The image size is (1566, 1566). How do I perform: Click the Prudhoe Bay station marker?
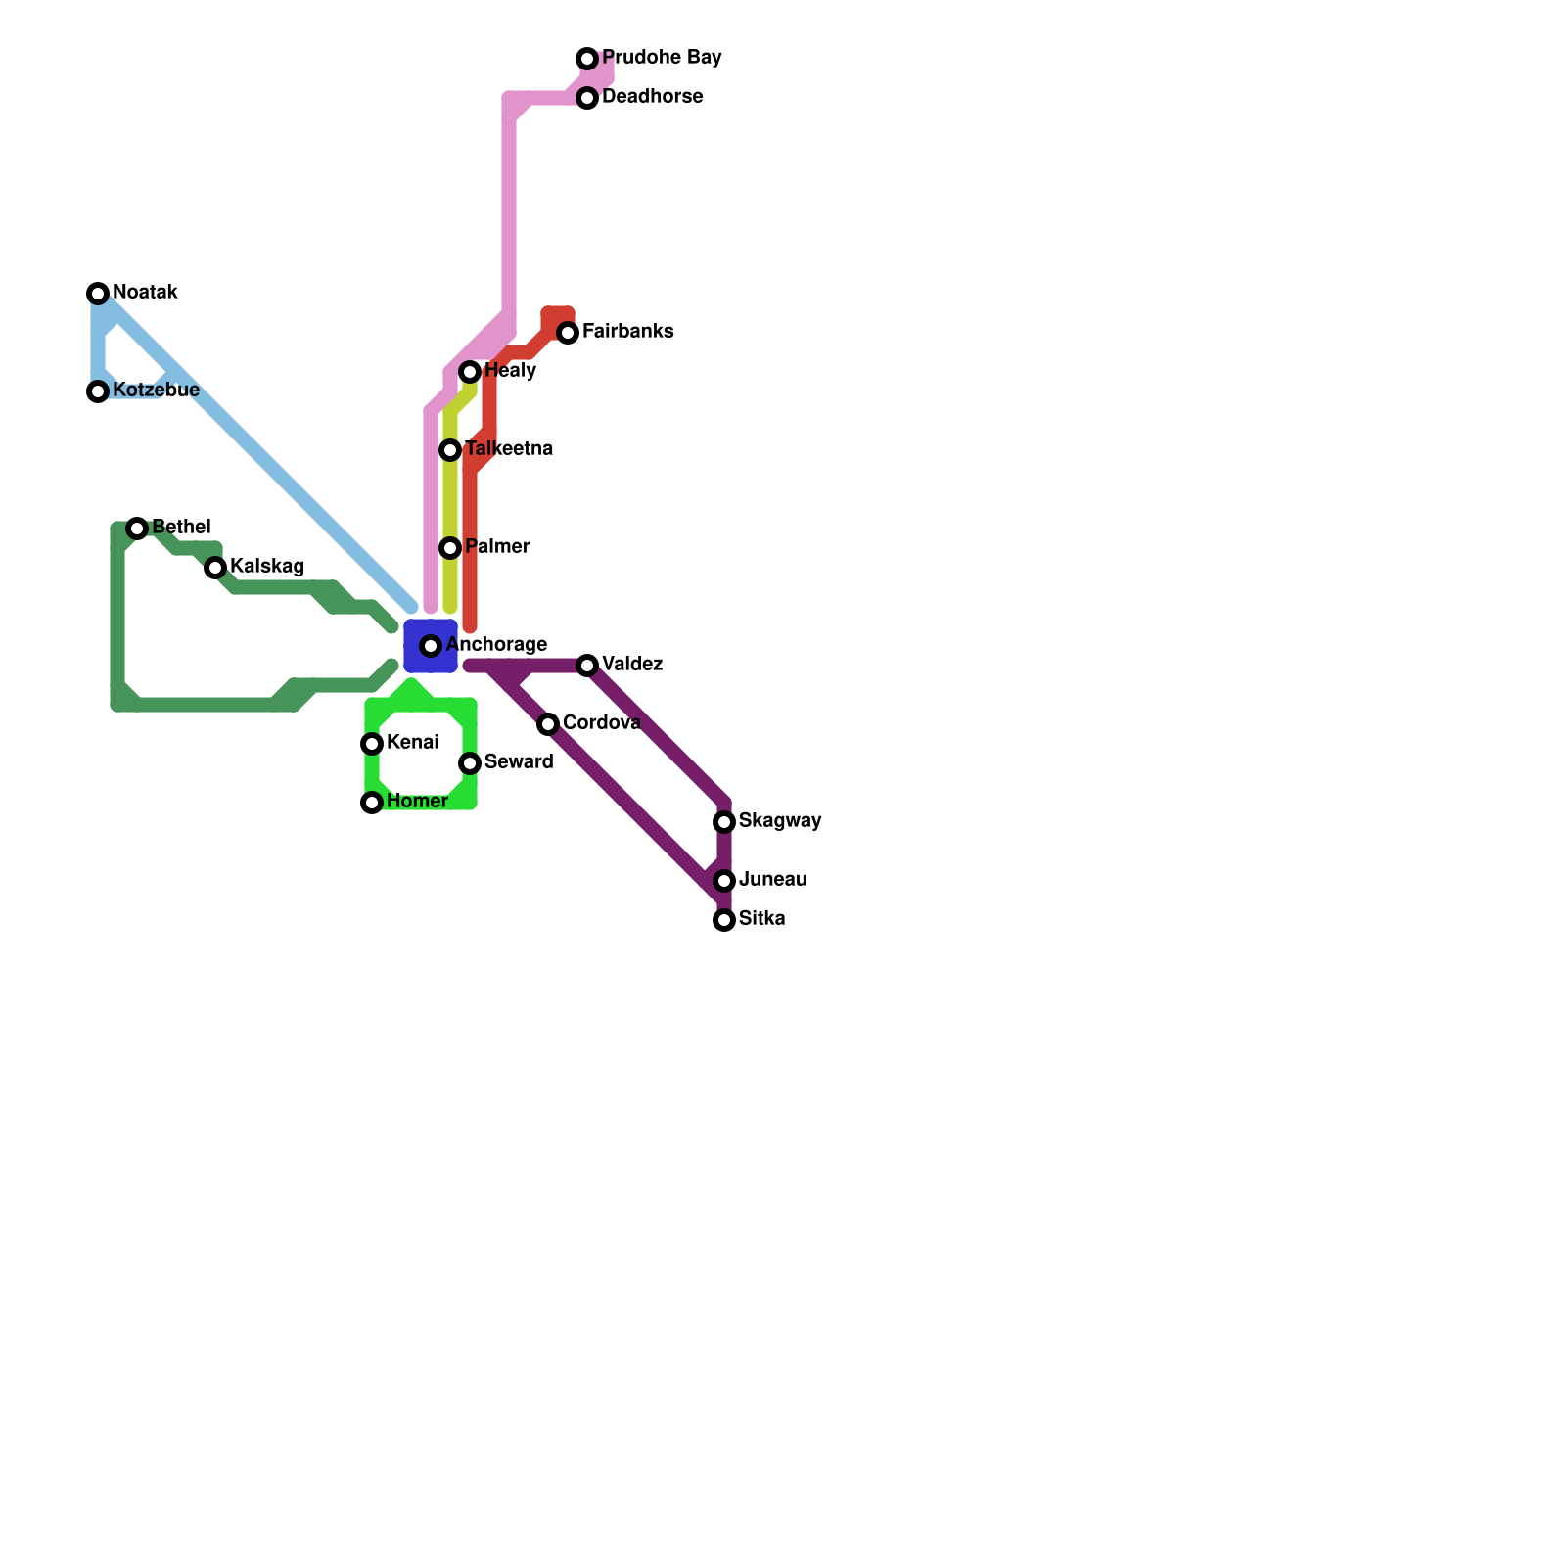point(587,59)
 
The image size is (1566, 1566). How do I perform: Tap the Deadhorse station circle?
point(587,98)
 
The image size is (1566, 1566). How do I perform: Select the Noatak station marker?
point(98,294)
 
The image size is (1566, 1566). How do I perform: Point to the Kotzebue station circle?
point(98,391)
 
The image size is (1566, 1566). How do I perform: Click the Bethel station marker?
point(137,529)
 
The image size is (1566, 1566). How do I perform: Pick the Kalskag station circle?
point(215,568)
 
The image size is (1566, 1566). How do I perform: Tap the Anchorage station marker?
point(431,646)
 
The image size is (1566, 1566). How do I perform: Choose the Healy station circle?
point(470,372)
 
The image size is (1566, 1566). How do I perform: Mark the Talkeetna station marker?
point(450,450)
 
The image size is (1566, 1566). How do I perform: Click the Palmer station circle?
point(450,548)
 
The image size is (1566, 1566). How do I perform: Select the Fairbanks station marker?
point(568,333)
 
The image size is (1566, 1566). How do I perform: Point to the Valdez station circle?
point(587,666)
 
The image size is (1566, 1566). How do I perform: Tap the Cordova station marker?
point(548,724)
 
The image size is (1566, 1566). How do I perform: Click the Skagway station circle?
point(724,822)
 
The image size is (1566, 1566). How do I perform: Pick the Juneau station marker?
point(724,881)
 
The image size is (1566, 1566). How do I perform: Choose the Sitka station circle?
point(724,920)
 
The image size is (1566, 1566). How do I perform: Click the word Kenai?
point(412,743)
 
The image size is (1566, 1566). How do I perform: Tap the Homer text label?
point(417,802)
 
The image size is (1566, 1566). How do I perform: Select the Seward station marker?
point(470,763)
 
